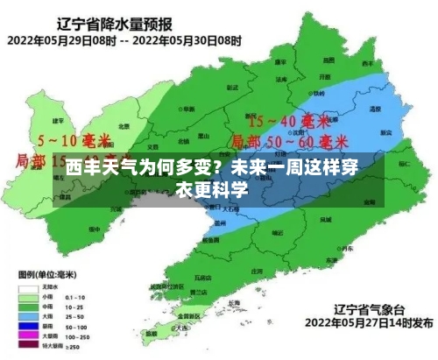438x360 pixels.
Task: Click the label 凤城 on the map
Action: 324,218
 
